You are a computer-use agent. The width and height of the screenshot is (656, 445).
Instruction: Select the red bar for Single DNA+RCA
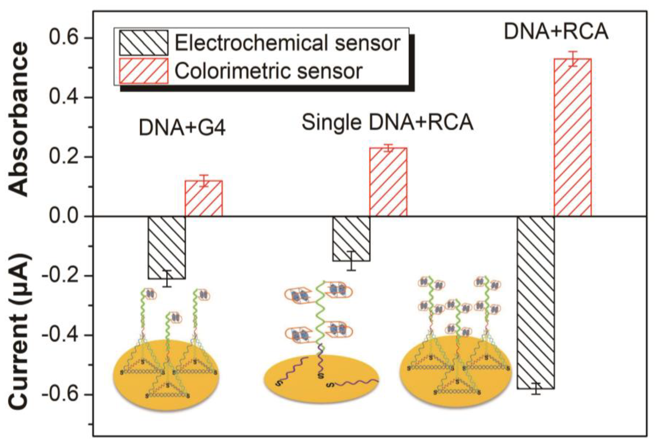[388, 182]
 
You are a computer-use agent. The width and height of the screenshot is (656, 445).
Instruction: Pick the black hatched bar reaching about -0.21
[167, 247]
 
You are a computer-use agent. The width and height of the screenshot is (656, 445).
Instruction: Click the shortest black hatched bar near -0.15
[351, 238]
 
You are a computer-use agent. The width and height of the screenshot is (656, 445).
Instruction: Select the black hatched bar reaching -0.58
[536, 302]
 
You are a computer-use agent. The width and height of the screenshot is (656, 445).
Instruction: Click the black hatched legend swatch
[144, 43]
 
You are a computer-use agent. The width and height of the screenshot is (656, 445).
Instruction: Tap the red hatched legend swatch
[144, 71]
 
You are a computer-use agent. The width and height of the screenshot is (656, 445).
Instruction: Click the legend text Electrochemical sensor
[287, 43]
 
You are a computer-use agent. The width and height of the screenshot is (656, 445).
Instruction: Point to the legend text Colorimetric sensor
[268, 71]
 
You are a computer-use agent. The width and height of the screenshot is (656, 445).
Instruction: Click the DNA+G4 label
[182, 128]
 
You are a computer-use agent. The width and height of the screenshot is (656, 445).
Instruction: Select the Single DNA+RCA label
[388, 122]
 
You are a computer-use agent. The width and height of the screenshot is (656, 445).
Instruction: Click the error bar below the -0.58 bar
[536, 389]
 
